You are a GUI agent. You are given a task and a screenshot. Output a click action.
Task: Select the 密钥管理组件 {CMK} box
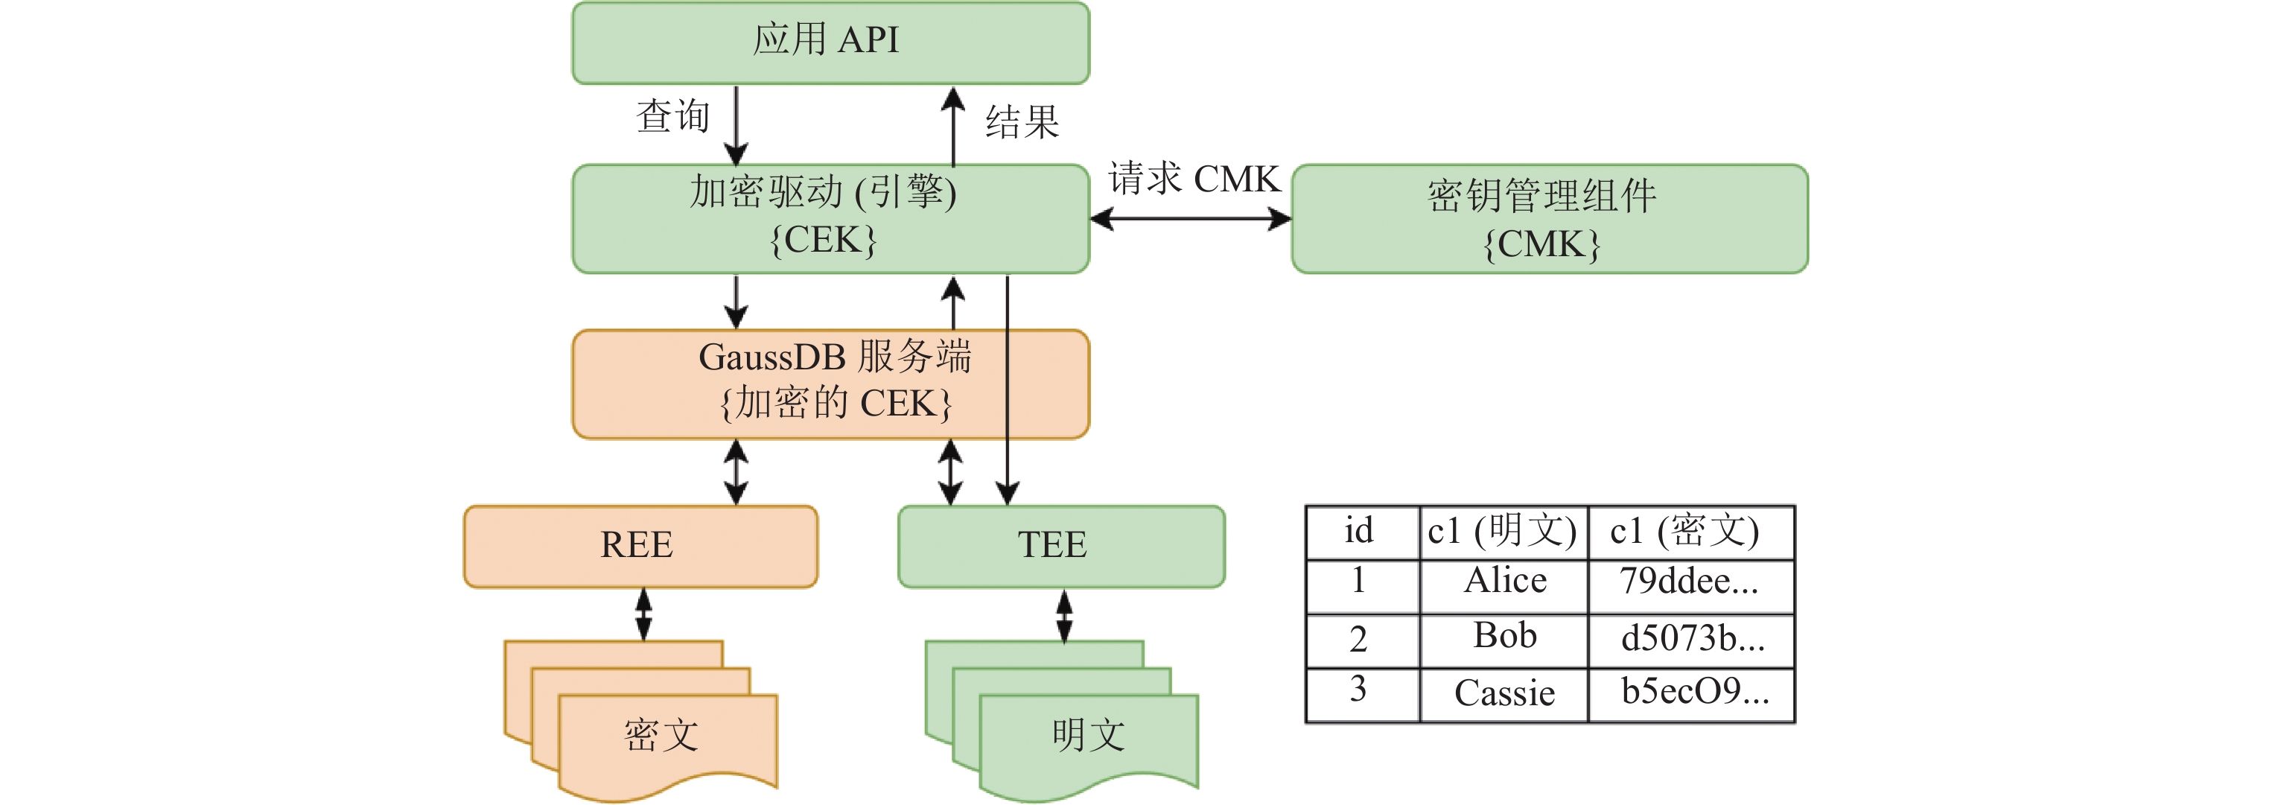[1549, 219]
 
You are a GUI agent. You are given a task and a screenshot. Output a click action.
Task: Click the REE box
[640, 546]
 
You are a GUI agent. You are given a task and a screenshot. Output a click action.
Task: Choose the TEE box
[1061, 546]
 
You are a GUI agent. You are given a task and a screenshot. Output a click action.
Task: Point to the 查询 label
[673, 116]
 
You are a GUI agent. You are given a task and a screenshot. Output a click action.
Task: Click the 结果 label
[1022, 121]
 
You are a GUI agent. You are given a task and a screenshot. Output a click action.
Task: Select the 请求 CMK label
[1193, 179]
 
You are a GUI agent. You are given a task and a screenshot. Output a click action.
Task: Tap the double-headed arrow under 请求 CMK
[1191, 219]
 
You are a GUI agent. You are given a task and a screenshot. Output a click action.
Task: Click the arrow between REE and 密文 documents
[644, 614]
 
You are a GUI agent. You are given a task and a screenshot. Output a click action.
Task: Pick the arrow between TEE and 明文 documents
[1065, 615]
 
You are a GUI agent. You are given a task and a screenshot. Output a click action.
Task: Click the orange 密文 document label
[661, 734]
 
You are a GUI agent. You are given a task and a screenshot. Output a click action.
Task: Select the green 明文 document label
[1089, 734]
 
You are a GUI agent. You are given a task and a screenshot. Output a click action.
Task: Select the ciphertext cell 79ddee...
[1690, 582]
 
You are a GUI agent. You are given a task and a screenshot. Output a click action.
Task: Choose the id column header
[1359, 531]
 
